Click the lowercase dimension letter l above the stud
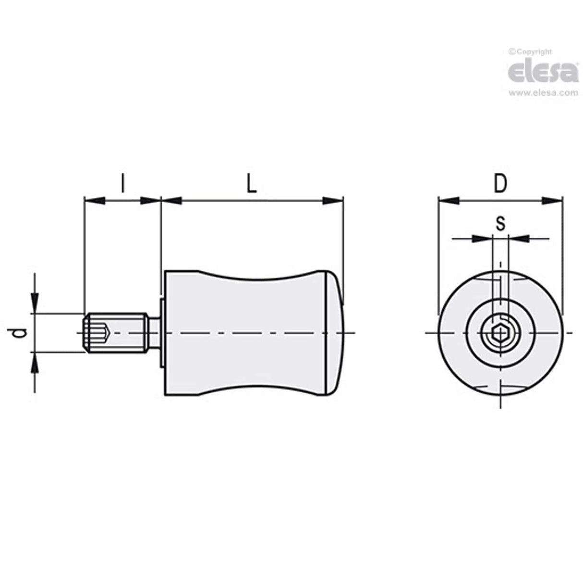[122, 183]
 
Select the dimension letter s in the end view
[500, 223]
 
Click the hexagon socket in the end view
[500, 333]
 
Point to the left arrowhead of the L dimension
[171, 200]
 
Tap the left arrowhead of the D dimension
[449, 200]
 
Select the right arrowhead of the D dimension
[552, 200]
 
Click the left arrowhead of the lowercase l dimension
[94, 200]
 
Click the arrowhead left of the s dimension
[482, 237]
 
